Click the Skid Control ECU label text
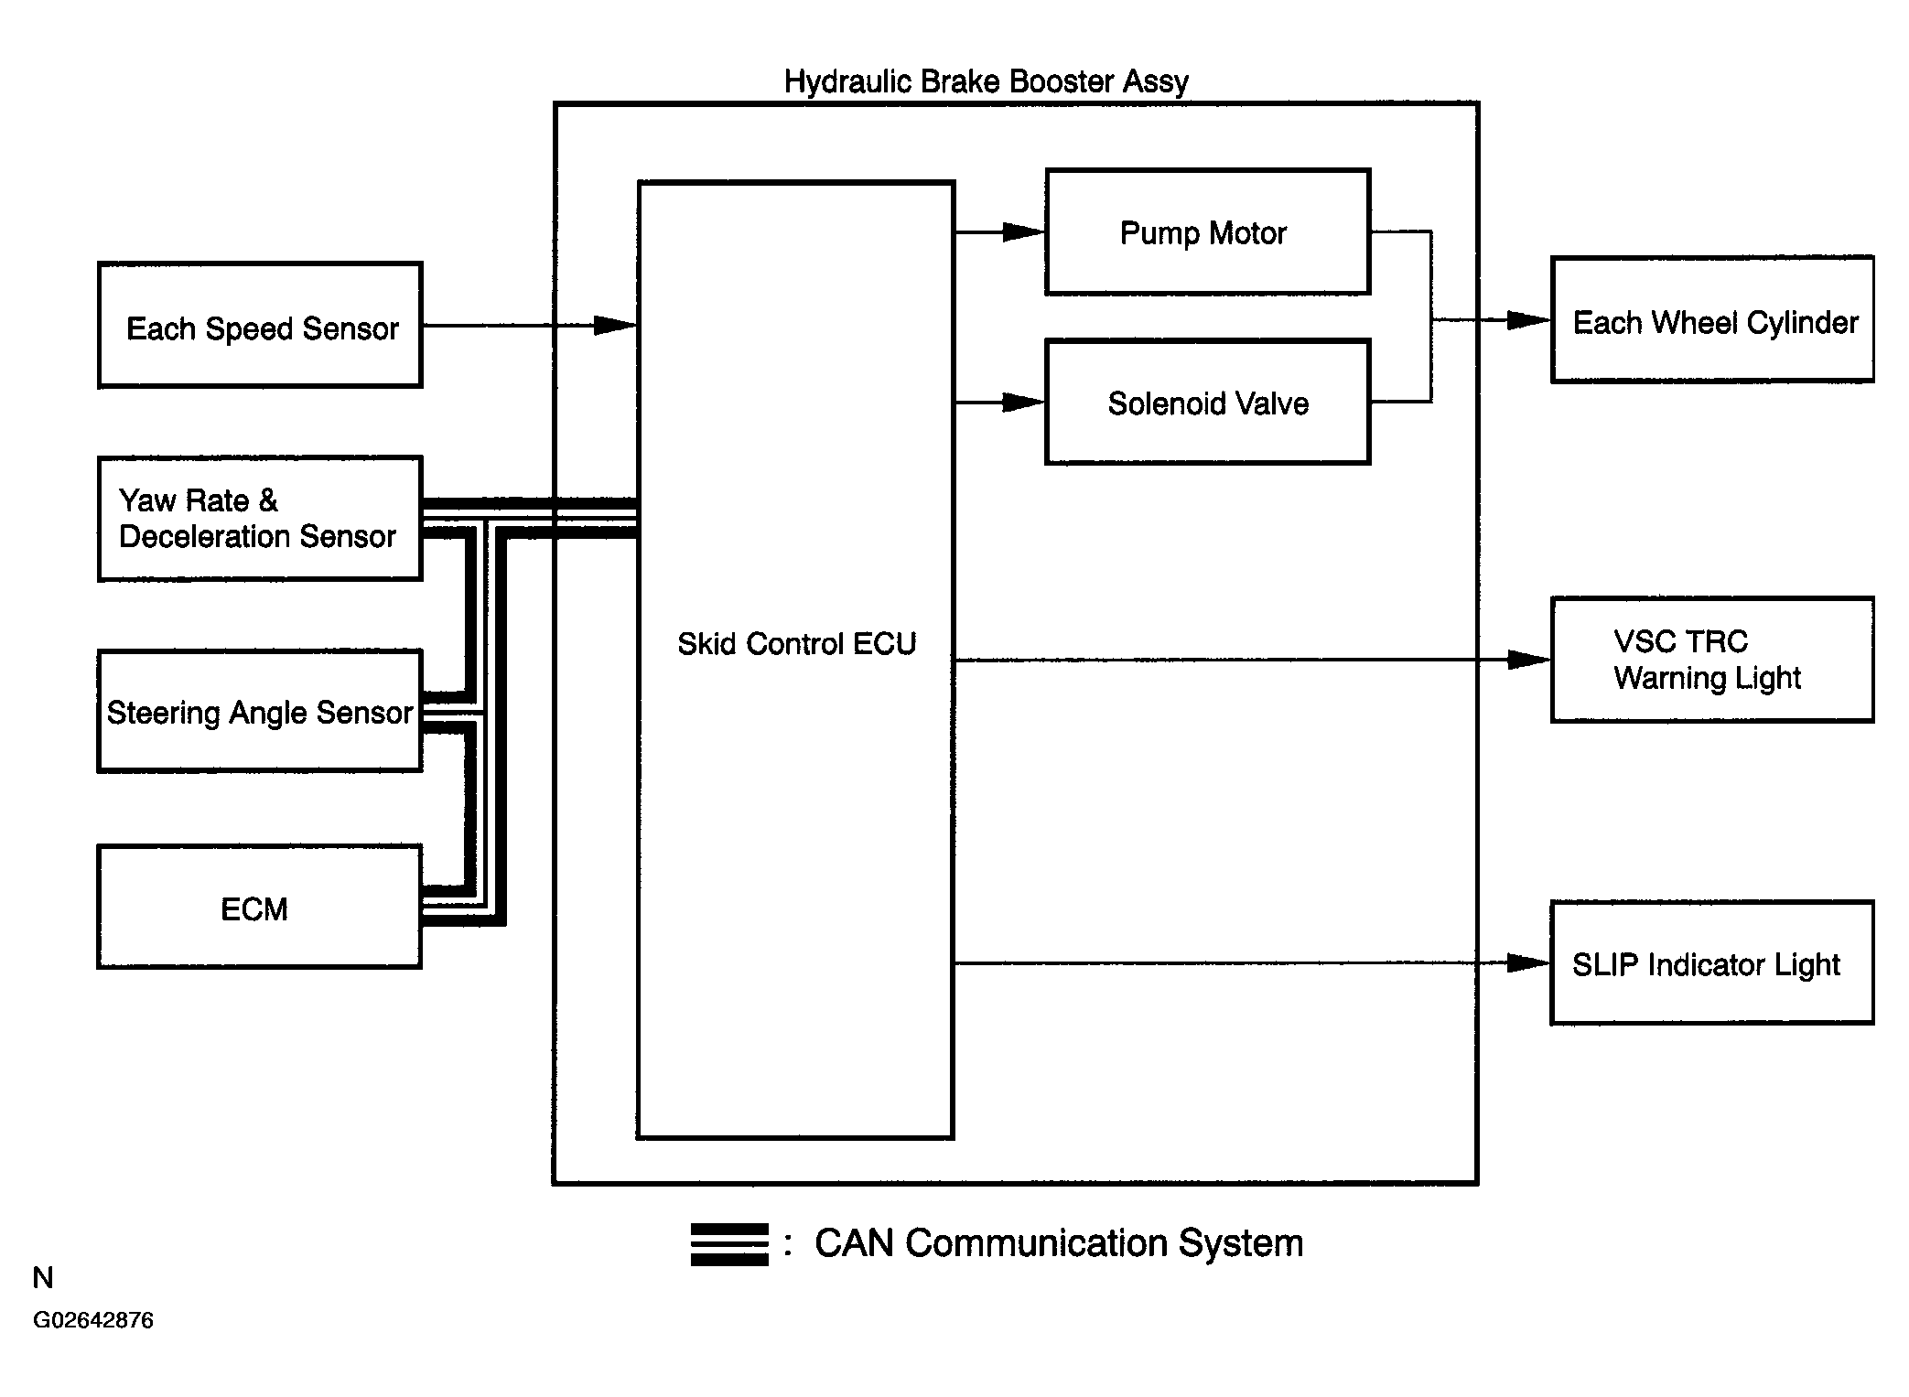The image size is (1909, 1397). coord(796,644)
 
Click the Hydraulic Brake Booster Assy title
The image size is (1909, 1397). coord(987,81)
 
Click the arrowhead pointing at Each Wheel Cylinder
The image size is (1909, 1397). coord(1529,320)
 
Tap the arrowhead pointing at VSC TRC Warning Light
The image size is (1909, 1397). coord(1529,660)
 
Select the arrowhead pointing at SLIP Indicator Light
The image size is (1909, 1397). coord(1529,962)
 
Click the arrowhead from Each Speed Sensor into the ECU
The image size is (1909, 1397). coord(616,325)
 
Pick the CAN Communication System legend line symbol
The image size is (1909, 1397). coord(729,1244)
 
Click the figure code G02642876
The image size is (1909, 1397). coord(93,1320)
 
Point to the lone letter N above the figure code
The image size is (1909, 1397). coord(43,1277)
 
